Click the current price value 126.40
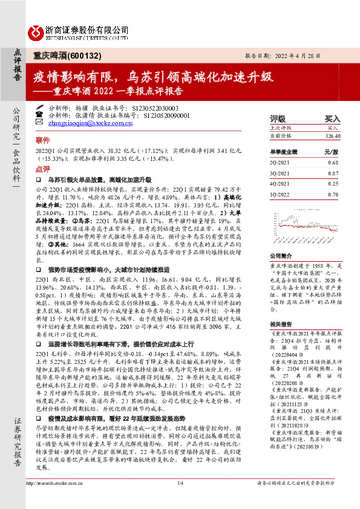(333, 137)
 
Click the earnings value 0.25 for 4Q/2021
(333, 184)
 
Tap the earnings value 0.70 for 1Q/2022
(333, 194)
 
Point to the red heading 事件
(42, 139)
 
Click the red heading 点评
(42, 169)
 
